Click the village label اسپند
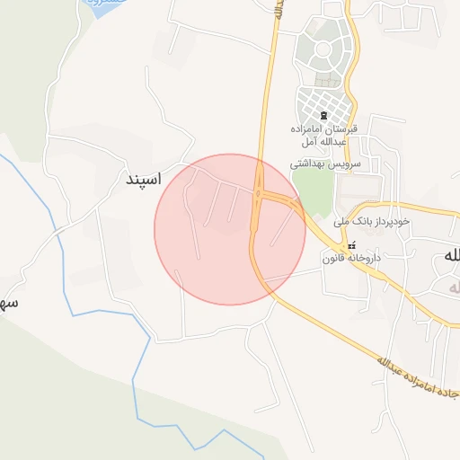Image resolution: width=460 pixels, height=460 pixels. [142, 180]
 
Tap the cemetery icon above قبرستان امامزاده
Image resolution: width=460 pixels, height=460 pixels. [323, 116]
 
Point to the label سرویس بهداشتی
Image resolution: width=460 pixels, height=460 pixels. [324, 165]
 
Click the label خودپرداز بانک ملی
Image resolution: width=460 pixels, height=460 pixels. [370, 220]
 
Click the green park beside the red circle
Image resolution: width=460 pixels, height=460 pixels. [312, 190]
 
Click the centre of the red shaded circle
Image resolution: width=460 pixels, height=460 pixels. [230, 229]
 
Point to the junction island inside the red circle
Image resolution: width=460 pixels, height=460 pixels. [259, 192]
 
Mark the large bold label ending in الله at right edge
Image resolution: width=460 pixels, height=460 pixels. [447, 255]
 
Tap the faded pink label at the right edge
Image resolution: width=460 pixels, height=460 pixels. [452, 286]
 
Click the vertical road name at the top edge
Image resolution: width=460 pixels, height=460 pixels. [279, 9]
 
